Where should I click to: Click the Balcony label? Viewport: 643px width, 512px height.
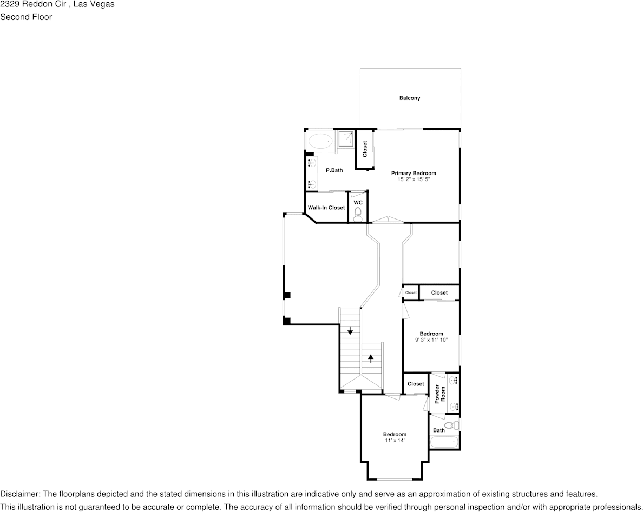pos(410,98)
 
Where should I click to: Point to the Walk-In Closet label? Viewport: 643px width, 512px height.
pos(326,208)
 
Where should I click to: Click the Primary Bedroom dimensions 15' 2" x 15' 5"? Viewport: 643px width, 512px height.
pos(414,179)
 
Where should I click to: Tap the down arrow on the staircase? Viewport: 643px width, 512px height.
pos(351,330)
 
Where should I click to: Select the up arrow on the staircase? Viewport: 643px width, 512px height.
pos(371,358)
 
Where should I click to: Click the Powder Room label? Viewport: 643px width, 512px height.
pos(440,393)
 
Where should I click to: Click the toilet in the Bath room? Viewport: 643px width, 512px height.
pos(454,426)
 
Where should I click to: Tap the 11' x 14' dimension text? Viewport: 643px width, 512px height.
pos(395,441)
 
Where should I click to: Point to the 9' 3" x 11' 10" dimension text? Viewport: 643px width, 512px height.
pos(431,340)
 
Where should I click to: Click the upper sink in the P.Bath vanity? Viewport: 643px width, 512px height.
pos(312,162)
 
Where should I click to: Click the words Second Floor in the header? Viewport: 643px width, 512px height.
pos(26,17)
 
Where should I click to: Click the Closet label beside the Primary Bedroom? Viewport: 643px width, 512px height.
pos(365,149)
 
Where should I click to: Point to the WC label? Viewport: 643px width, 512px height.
pos(358,202)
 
